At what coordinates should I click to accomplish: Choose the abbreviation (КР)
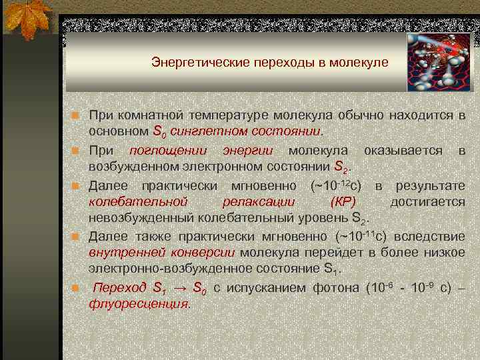pyautogui.click(x=343, y=201)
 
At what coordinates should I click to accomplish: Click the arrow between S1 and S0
pyautogui.click(x=179, y=288)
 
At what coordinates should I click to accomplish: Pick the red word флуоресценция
pyautogui.click(x=139, y=303)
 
